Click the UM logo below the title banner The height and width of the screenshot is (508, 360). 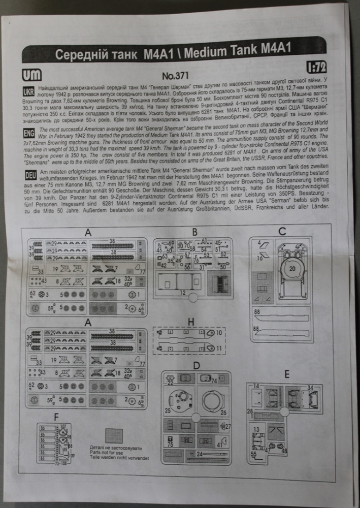click(32, 74)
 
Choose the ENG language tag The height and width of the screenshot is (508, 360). click(29, 133)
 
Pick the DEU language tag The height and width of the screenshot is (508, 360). click(30, 175)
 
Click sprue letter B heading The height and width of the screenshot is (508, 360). click(194, 233)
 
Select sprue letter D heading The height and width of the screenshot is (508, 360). click(196, 365)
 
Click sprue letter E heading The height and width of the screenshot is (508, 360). click(287, 375)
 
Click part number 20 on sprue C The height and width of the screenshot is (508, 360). click(292, 268)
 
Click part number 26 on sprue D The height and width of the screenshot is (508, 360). click(223, 412)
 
